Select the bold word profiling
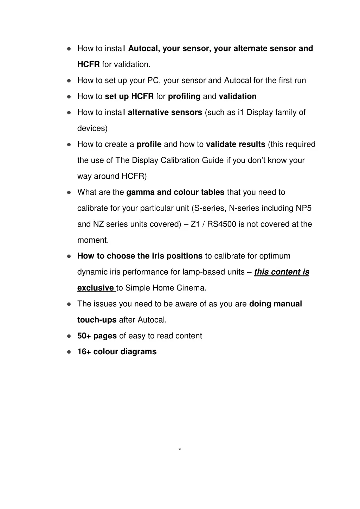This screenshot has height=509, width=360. (x=184, y=96)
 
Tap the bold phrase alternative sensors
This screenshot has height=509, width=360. (x=165, y=113)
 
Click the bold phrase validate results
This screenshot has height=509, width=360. (x=236, y=144)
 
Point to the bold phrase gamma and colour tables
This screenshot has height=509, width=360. (x=175, y=192)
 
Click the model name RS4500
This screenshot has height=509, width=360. (x=221, y=224)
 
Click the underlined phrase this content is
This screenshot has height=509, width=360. (x=282, y=272)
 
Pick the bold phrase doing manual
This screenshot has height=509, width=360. (x=275, y=304)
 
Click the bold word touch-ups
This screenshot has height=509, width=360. (x=97, y=320)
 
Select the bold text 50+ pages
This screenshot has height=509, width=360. (x=97, y=336)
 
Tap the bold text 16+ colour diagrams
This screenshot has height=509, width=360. (x=117, y=352)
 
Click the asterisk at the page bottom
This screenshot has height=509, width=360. (x=180, y=450)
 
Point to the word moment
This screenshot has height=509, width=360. (x=93, y=240)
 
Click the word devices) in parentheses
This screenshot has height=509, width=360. (x=92, y=128)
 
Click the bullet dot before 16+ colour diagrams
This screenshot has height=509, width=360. (x=69, y=352)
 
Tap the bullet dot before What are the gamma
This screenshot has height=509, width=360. (x=69, y=193)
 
